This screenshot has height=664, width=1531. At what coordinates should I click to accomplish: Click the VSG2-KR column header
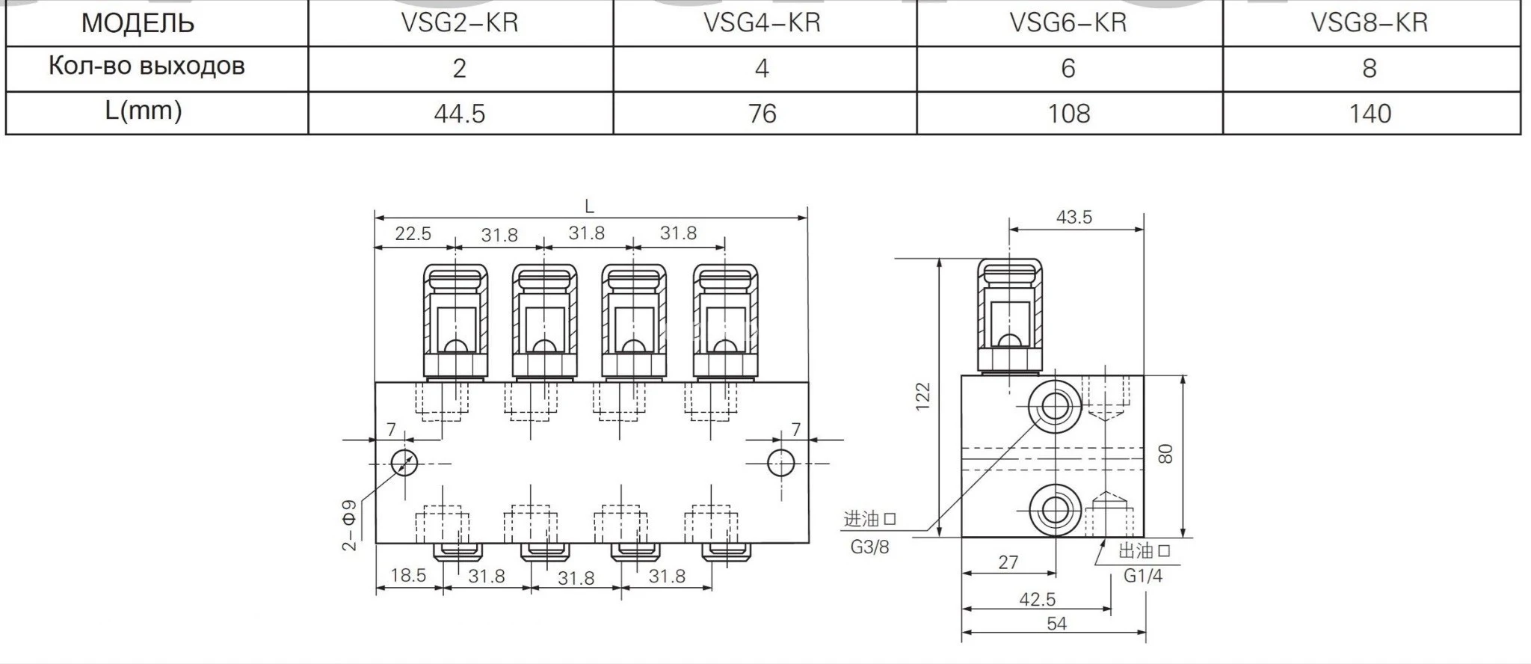(x=459, y=22)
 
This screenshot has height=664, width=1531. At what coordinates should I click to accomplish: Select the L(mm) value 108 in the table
(x=1068, y=114)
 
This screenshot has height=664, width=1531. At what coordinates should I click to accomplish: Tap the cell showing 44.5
(x=459, y=114)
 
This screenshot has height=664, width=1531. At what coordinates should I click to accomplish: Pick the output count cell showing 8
(x=1369, y=69)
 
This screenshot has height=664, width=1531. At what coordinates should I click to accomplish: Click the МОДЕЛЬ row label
(x=138, y=23)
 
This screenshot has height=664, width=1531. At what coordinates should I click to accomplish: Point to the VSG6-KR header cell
(x=1068, y=22)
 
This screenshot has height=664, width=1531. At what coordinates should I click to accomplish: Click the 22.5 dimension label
(x=413, y=234)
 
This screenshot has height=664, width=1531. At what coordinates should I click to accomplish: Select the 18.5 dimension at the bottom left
(x=408, y=575)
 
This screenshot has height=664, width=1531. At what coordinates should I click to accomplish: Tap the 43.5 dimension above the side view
(x=1074, y=217)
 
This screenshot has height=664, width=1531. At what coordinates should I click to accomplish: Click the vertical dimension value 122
(x=923, y=396)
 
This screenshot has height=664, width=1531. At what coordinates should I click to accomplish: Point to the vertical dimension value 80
(x=1165, y=454)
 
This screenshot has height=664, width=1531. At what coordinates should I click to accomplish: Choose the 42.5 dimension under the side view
(x=1038, y=599)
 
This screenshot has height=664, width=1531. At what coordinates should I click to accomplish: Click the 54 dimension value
(x=1056, y=624)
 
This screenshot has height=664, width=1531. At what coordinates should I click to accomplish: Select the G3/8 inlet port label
(x=870, y=547)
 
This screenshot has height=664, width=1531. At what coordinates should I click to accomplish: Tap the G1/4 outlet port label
(x=1143, y=576)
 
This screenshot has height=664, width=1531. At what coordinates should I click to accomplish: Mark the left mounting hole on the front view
(x=404, y=463)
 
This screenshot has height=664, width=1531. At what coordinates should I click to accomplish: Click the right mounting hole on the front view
(x=781, y=463)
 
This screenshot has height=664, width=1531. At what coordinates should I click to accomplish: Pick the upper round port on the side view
(x=1054, y=407)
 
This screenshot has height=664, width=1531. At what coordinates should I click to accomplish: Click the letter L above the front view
(x=589, y=207)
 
